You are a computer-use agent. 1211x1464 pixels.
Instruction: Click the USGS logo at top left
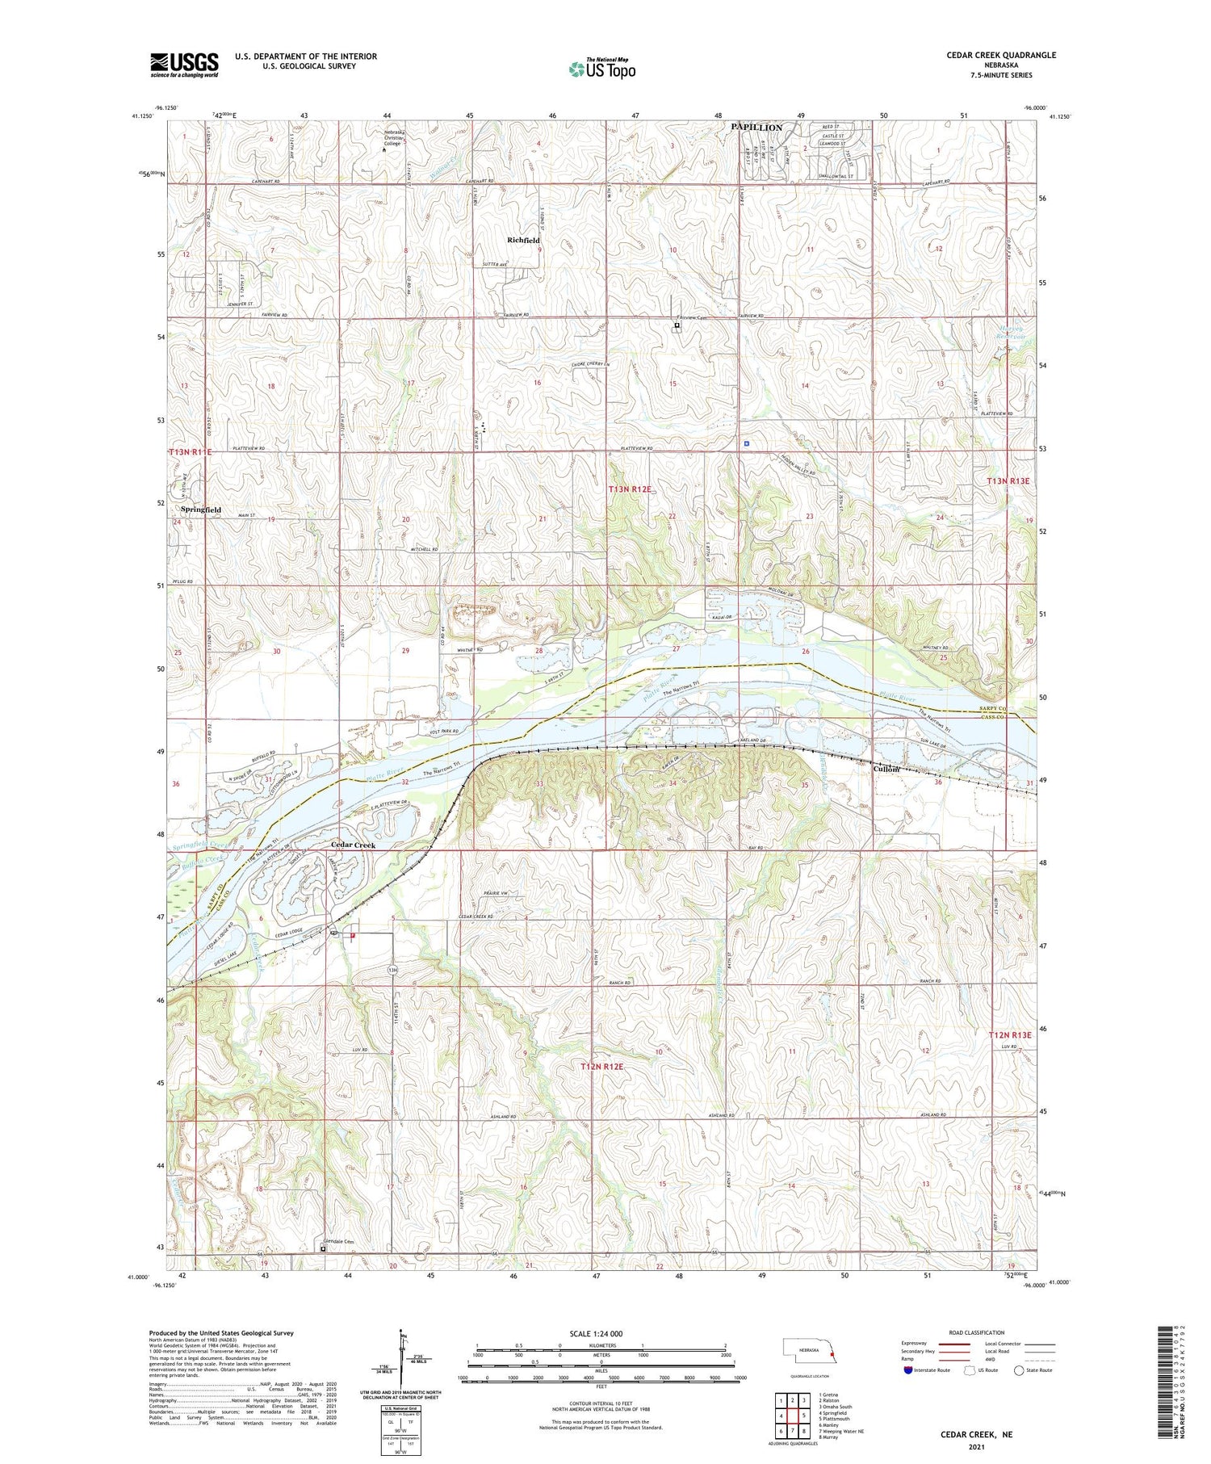click(x=184, y=65)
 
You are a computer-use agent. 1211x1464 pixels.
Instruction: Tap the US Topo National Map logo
click(x=601, y=69)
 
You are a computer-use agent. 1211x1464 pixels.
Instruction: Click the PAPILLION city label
click(x=756, y=128)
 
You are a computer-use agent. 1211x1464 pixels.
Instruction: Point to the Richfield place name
click(x=523, y=241)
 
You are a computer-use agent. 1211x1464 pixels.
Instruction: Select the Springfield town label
click(x=200, y=510)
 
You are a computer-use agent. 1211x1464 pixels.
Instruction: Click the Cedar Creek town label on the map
click(x=354, y=845)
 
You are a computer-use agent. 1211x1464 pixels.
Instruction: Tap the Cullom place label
click(x=886, y=769)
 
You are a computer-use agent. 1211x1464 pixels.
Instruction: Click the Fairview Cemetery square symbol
click(x=677, y=326)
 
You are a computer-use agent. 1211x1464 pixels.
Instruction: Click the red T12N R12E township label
click(x=602, y=1067)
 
